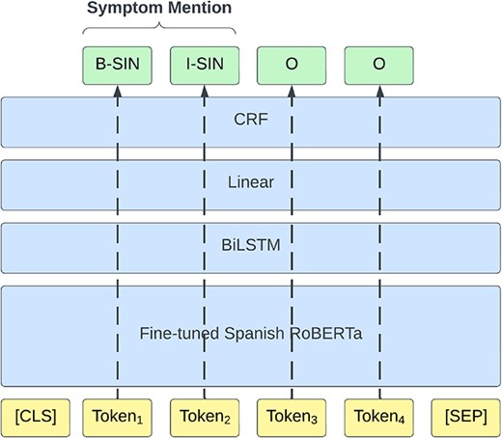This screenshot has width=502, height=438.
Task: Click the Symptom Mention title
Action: point(160,9)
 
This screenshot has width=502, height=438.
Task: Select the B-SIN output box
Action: point(117,65)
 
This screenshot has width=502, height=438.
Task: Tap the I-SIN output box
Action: point(204,65)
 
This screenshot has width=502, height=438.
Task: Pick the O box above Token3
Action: point(291,65)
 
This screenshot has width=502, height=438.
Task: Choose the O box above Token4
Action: point(378,65)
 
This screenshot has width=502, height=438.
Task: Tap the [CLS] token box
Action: point(37,417)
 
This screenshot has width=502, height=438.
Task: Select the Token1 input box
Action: point(117,417)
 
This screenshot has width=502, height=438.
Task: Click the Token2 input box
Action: point(204,417)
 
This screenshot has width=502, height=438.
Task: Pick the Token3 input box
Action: point(291,417)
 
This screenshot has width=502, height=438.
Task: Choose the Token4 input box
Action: point(378,417)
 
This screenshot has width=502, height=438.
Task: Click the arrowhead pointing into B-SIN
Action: point(117,90)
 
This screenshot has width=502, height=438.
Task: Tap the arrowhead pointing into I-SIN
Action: point(204,90)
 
